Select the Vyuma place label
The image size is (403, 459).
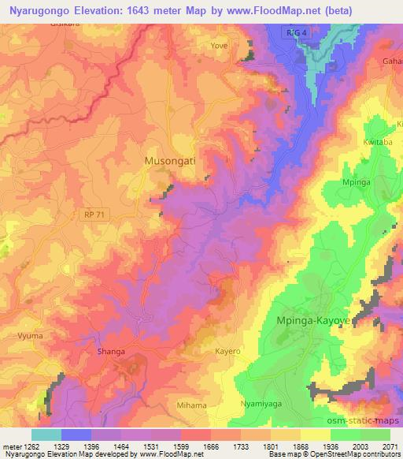pyautogui.click(x=28, y=335)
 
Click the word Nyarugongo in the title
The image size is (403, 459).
pyautogui.click(x=40, y=9)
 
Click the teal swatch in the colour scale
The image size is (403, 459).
pyautogui.click(x=46, y=435)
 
